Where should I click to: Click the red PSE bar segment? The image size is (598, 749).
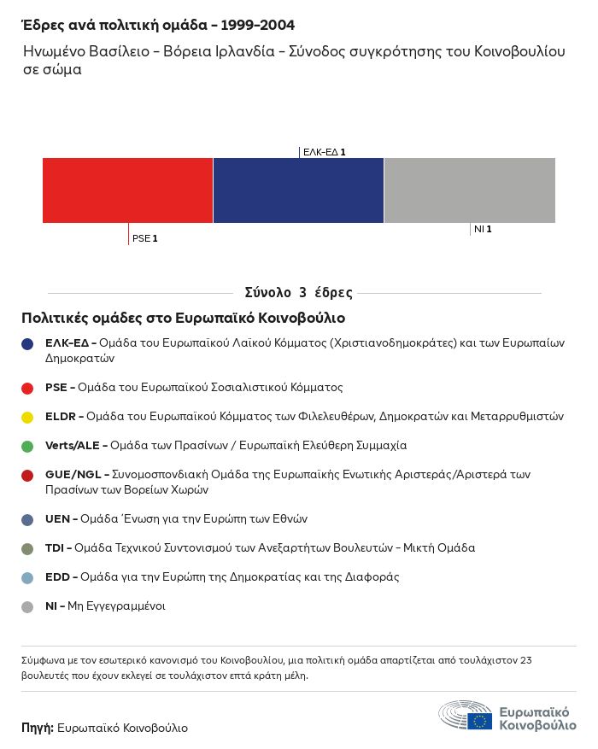coord(127,190)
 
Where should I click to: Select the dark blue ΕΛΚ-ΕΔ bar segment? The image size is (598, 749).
coord(298,190)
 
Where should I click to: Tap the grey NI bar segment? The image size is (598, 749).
coord(470,190)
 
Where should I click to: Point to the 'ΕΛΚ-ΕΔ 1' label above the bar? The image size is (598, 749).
coord(324,152)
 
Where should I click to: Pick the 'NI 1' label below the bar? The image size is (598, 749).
coord(483,229)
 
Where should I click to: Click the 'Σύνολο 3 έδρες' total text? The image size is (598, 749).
coord(298,293)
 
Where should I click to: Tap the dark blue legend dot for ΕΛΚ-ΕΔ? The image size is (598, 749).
coord(27,343)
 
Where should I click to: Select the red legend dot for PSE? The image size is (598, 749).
coord(27,388)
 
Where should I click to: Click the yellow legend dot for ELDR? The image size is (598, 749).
coord(27,417)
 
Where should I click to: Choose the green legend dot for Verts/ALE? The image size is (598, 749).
coord(27,446)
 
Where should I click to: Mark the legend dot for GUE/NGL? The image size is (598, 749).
coord(27,475)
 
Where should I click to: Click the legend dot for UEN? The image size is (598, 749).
coord(27,519)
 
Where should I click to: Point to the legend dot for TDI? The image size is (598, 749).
coord(27,548)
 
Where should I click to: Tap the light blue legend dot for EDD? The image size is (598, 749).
coord(27,577)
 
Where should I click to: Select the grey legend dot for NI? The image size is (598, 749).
coord(27,606)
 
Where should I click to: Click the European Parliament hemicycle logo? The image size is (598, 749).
coord(466,716)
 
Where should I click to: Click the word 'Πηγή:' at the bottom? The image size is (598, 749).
coord(38,729)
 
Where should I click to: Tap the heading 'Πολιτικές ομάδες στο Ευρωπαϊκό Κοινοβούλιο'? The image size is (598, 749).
coord(183,319)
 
